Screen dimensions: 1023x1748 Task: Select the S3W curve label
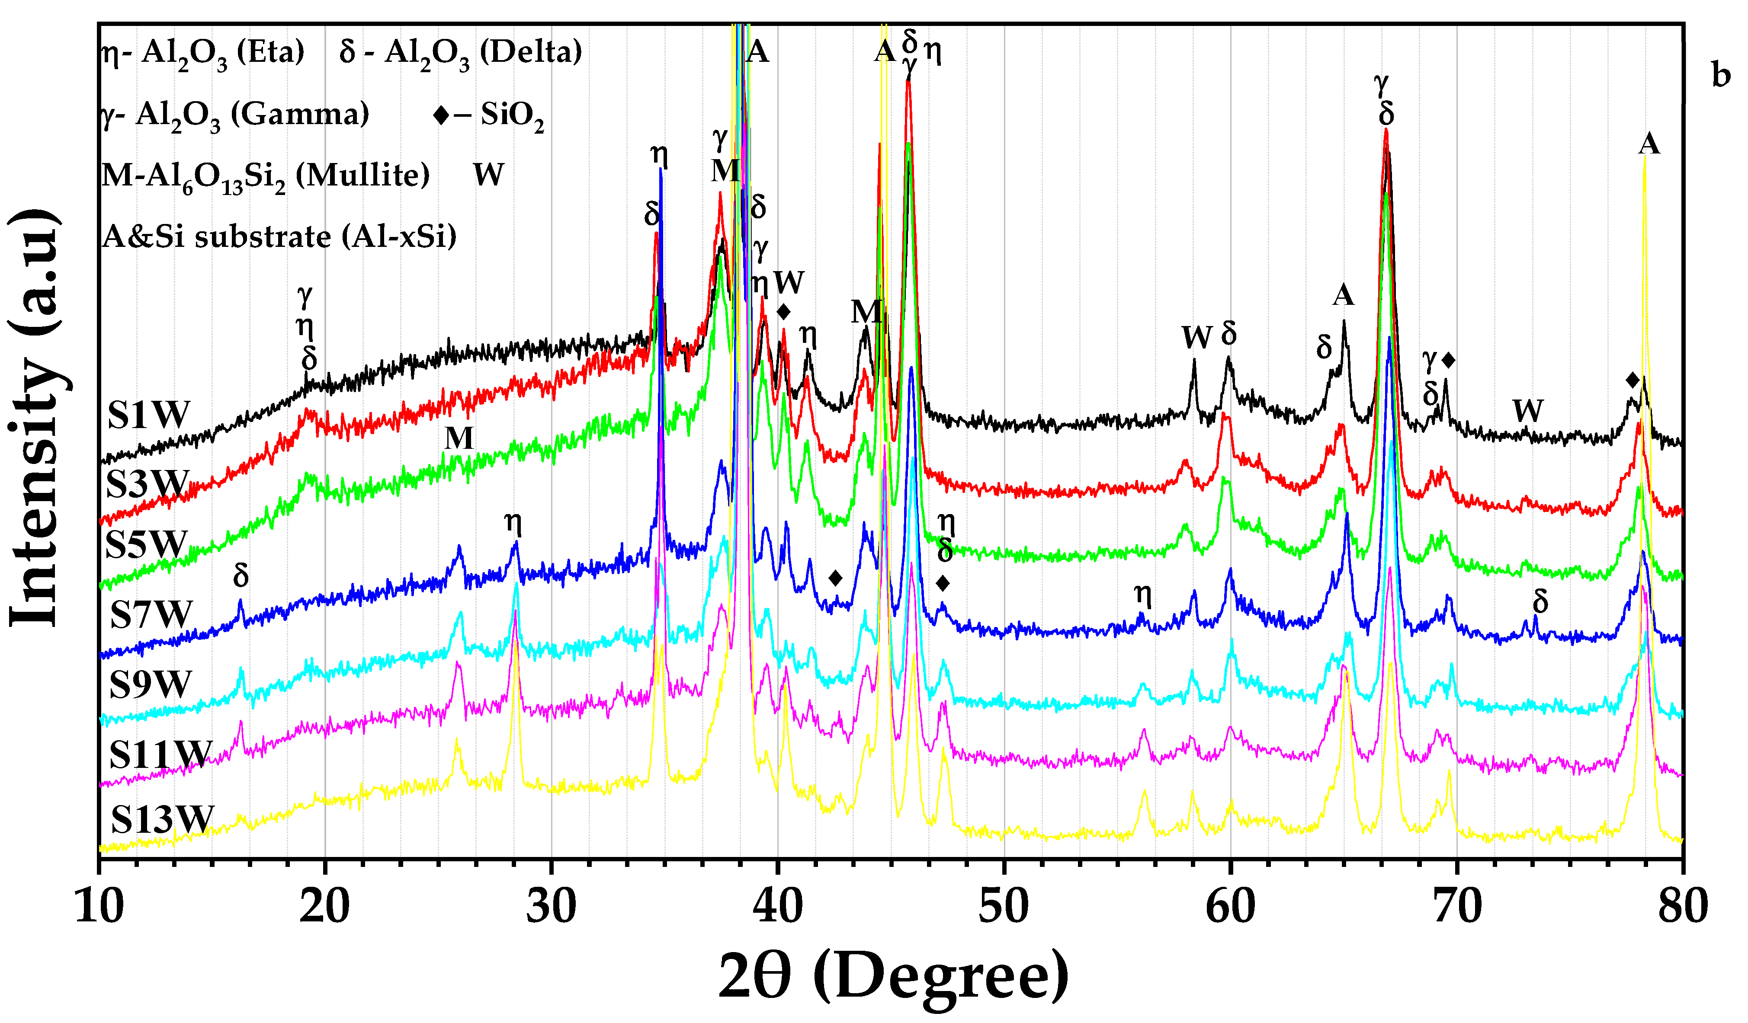coord(147,484)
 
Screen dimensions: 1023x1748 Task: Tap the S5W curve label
coord(146,544)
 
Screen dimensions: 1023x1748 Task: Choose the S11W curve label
coord(160,754)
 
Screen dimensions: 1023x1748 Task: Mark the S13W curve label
coord(162,820)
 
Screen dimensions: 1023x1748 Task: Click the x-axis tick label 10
coord(99,907)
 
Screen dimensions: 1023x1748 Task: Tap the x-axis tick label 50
coord(1004,907)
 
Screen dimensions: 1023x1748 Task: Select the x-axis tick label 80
coord(1683,907)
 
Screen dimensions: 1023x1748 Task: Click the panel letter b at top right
coord(1721,75)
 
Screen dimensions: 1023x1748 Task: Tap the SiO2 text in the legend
coord(512,115)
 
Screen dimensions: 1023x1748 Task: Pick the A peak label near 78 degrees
coord(1649,144)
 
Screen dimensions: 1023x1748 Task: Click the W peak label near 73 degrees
coord(1527,411)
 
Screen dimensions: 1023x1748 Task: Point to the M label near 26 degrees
coord(459,438)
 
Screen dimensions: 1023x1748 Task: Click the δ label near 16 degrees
coord(241,575)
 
